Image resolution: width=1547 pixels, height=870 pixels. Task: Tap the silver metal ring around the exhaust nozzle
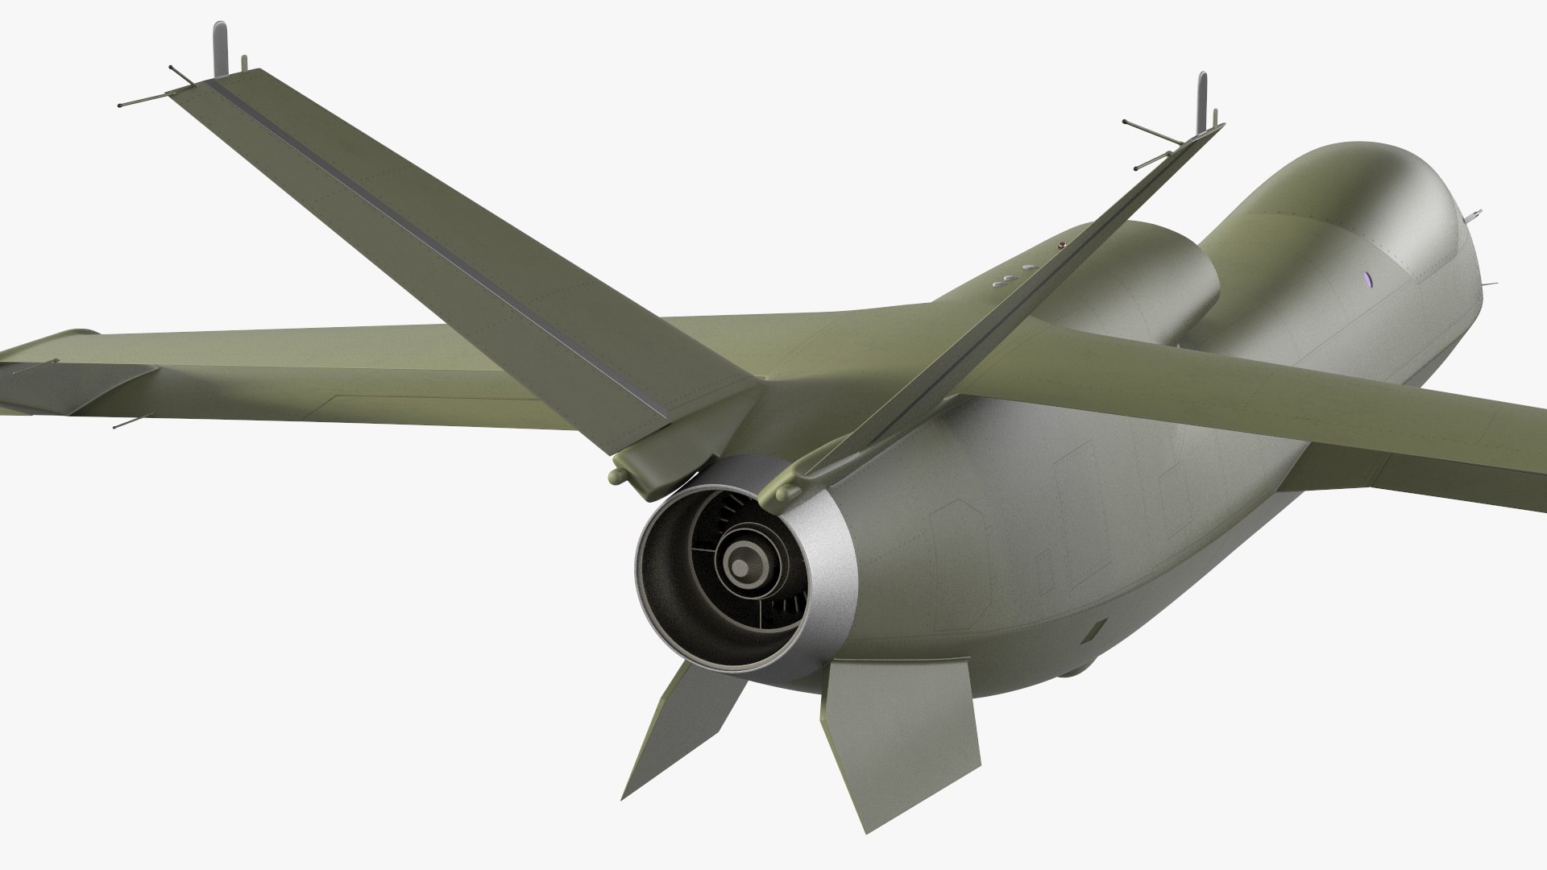[830, 516]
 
